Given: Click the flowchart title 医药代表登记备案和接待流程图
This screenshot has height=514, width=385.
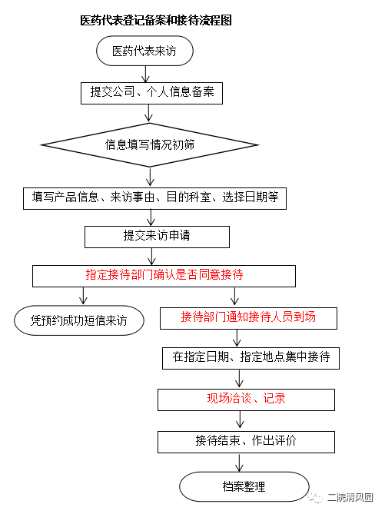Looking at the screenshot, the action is click(x=156, y=20).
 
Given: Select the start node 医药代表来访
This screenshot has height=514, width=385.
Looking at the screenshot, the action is click(x=144, y=51).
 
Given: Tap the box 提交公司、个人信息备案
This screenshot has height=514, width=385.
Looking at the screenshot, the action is click(x=152, y=93).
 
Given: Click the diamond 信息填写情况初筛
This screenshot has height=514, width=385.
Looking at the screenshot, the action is click(x=150, y=145).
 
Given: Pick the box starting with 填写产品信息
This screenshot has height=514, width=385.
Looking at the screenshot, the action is click(x=154, y=198).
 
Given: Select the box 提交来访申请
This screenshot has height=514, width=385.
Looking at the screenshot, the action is click(x=157, y=237).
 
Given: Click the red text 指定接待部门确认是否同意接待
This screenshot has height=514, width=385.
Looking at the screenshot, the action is click(x=164, y=274).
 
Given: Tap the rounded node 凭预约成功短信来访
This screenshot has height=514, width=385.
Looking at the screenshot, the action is click(x=79, y=320).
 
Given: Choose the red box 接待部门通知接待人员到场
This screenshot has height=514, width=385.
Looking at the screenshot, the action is click(x=248, y=318).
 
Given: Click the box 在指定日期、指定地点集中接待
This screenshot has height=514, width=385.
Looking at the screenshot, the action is click(x=251, y=358).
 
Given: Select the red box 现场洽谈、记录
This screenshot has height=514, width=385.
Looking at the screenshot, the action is click(x=246, y=400).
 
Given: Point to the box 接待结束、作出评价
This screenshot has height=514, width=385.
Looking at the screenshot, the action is click(x=246, y=442).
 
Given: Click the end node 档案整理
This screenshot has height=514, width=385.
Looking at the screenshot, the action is click(x=244, y=486).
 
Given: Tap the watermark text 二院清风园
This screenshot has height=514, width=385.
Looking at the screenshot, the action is click(x=350, y=497).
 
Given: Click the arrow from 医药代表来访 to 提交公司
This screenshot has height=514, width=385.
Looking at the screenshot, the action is click(x=145, y=74).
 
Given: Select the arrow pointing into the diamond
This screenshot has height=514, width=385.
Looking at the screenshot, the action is click(x=149, y=114).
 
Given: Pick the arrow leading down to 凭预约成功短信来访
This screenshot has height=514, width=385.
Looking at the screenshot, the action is click(x=83, y=297).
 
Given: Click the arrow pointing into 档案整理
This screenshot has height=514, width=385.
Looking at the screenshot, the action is click(x=240, y=463).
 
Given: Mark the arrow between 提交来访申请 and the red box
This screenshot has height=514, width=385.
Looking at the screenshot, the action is click(x=151, y=257).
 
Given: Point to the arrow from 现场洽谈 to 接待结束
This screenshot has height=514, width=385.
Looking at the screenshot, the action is click(x=240, y=419).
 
